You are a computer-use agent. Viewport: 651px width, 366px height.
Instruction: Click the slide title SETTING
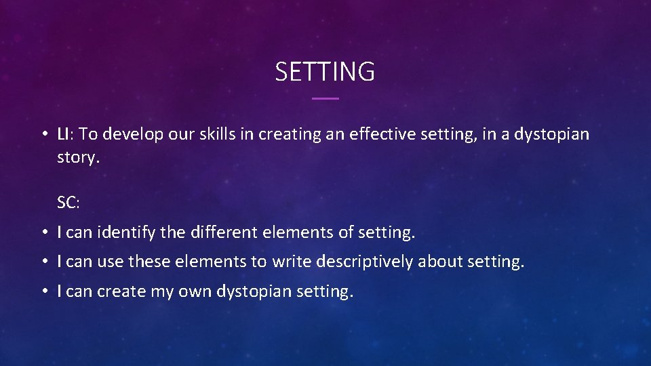point(325,71)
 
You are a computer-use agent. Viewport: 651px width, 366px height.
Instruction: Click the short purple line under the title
point(325,99)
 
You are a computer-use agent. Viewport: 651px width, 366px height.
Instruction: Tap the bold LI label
point(63,134)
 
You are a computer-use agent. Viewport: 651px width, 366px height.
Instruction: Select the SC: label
point(68,203)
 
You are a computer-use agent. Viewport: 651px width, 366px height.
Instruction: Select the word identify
point(127,233)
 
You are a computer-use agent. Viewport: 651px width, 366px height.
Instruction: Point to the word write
point(290,262)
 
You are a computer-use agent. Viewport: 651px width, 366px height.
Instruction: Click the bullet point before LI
point(43,135)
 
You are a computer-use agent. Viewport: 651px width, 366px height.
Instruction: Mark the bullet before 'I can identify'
point(43,233)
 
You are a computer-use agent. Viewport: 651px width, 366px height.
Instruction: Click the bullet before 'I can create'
point(43,291)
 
